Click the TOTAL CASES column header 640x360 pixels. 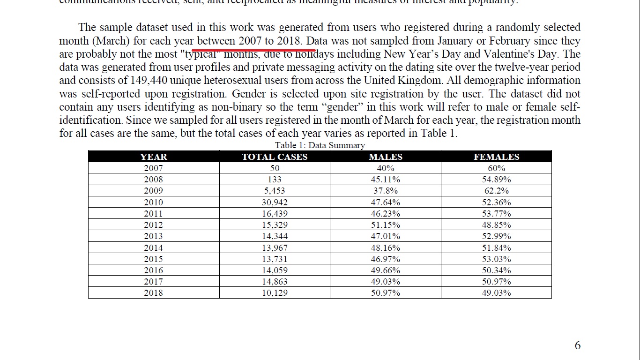[x=275, y=157]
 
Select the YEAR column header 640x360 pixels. [x=153, y=157]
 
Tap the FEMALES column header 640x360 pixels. [x=496, y=157]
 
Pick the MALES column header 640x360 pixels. [x=385, y=157]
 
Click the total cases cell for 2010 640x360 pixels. [x=275, y=202]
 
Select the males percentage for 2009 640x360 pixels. [x=385, y=191]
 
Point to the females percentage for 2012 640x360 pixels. [x=496, y=225]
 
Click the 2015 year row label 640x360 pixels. [x=153, y=259]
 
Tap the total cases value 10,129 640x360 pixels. [x=275, y=293]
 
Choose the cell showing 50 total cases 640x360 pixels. [x=275, y=168]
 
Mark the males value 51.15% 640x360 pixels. [x=385, y=225]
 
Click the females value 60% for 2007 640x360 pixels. [x=496, y=168]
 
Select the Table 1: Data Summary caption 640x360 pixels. [x=320, y=145]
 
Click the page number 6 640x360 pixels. [x=577, y=345]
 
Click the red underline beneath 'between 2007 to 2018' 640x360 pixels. [x=253, y=48]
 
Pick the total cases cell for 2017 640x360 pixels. [x=275, y=282]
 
